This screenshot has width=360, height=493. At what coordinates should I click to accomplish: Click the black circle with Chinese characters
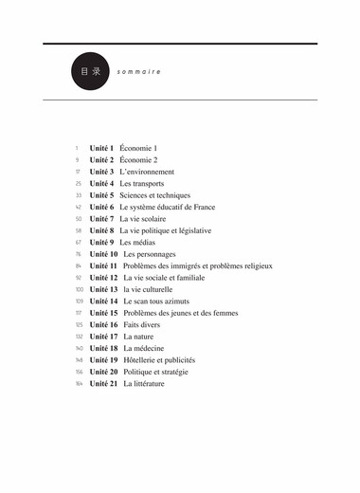91,71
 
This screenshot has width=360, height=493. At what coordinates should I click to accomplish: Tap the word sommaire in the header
139,72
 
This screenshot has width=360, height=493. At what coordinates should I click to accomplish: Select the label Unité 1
101,149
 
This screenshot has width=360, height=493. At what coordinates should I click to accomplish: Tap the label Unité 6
101,207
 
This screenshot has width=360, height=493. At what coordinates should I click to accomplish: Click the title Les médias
138,243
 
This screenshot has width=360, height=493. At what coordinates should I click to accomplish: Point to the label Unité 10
103,254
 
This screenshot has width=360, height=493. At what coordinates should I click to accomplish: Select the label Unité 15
103,313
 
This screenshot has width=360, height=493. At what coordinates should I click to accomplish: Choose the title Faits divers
143,324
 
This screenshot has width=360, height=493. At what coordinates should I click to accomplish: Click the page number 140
79,348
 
